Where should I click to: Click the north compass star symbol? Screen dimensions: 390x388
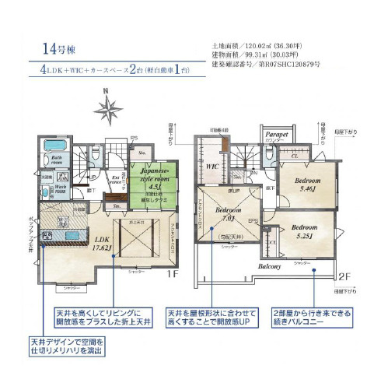click(x=110, y=107)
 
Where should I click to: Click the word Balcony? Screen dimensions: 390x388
click(x=270, y=265)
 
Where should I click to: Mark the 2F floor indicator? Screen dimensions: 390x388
click(x=342, y=276)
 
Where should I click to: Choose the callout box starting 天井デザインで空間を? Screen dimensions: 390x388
click(x=68, y=346)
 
